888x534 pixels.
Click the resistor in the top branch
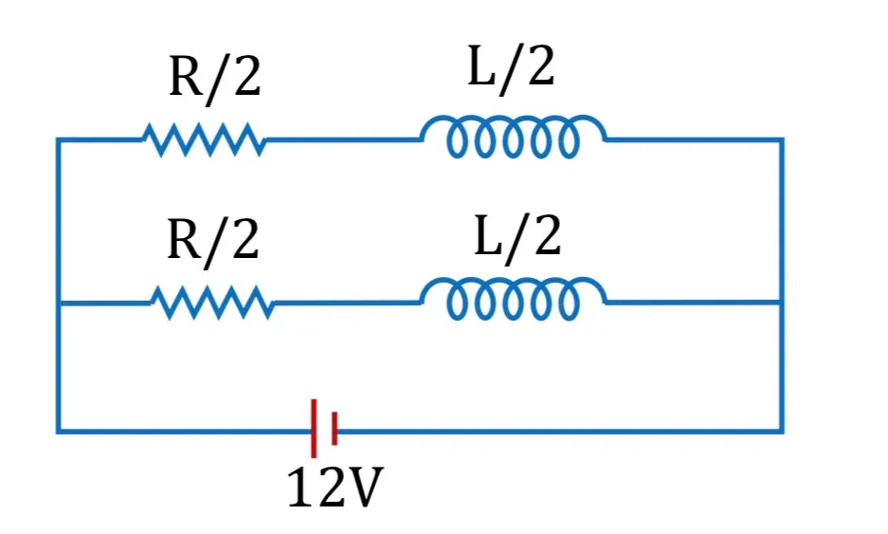pos(204,139)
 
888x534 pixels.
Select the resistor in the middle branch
pos(212,303)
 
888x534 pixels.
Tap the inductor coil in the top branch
pos(513,137)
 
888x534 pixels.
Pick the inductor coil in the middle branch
pos(513,300)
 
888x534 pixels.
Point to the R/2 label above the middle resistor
pos(213,242)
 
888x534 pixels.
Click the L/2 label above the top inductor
pos(511,68)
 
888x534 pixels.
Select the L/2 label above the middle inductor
pos(517,236)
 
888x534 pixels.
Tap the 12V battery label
pos(335,487)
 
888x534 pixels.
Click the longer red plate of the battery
pos(314,428)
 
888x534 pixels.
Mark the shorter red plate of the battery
pos(335,429)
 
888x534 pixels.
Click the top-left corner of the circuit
pos(58,139)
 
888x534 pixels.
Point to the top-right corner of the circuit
pos(782,139)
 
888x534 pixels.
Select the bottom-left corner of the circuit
pos(58,432)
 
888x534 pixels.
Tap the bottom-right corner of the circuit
pos(782,432)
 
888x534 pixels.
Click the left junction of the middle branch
pos(58,304)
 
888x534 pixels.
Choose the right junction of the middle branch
pos(782,303)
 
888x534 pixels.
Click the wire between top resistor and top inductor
pos(343,139)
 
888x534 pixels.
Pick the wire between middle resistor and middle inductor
pos(347,303)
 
